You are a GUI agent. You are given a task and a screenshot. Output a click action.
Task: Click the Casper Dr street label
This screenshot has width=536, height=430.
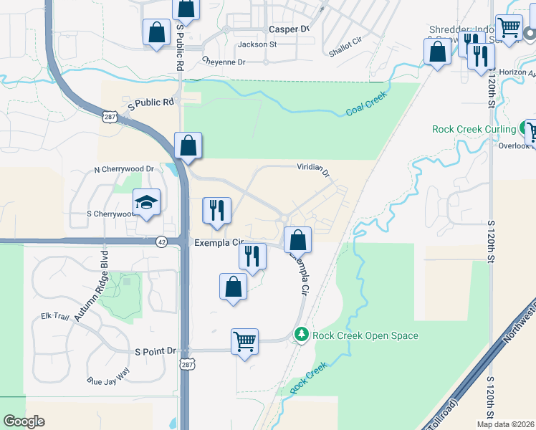point(288,29)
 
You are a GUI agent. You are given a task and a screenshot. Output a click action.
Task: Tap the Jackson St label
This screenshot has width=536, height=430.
point(257,44)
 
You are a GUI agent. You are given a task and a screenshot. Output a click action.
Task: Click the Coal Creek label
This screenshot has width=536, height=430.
point(366,103)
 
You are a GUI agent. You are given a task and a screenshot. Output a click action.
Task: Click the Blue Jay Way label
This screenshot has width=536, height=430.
point(107,376)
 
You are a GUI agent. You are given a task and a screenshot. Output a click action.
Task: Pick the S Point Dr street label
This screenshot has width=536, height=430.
point(155,351)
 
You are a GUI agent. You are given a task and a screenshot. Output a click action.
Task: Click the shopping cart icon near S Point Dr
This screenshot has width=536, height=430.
point(244,341)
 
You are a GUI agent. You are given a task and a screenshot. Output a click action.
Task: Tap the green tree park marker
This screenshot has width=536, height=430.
point(302,335)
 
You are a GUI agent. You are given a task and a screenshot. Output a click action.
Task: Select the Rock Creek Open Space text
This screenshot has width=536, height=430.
point(365,335)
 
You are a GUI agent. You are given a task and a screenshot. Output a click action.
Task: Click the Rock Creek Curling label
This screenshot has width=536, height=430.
point(474,130)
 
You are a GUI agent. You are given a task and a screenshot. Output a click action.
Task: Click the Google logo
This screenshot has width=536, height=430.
point(24,421)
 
